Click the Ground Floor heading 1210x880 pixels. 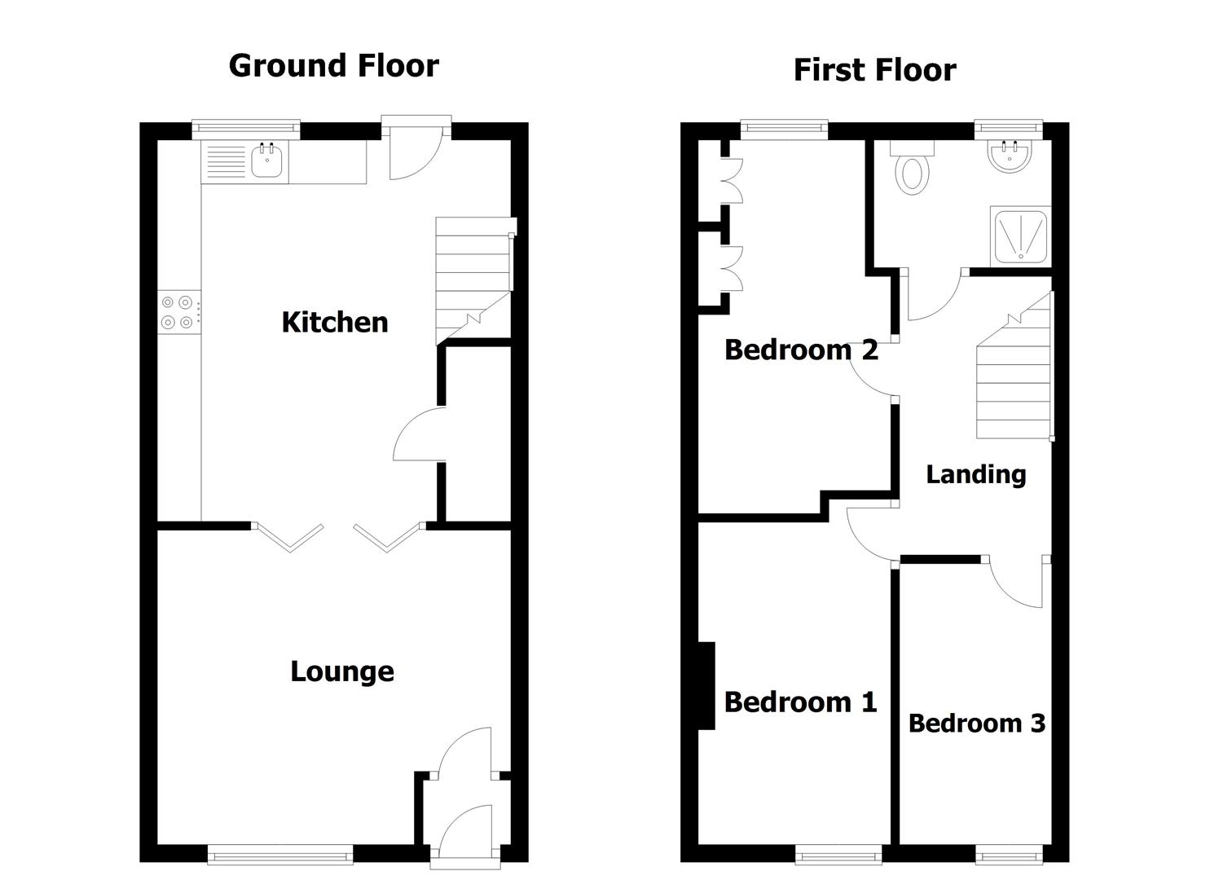click(333, 65)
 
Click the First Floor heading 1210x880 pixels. click(873, 70)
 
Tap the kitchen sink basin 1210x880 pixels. click(266, 161)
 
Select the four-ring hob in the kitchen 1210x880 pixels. click(178, 312)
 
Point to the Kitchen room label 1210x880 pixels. click(334, 322)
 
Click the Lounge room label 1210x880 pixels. click(342, 671)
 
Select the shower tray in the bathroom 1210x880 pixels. click(1020, 236)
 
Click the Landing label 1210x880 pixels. click(975, 473)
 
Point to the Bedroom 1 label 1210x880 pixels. click(800, 702)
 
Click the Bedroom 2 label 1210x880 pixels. click(800, 350)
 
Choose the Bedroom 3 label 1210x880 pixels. click(976, 723)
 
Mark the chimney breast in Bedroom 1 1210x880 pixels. click(706, 685)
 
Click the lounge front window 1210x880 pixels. click(280, 854)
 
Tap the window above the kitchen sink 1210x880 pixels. click(246, 127)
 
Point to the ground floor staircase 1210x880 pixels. click(473, 277)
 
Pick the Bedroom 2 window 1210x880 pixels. click(784, 127)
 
